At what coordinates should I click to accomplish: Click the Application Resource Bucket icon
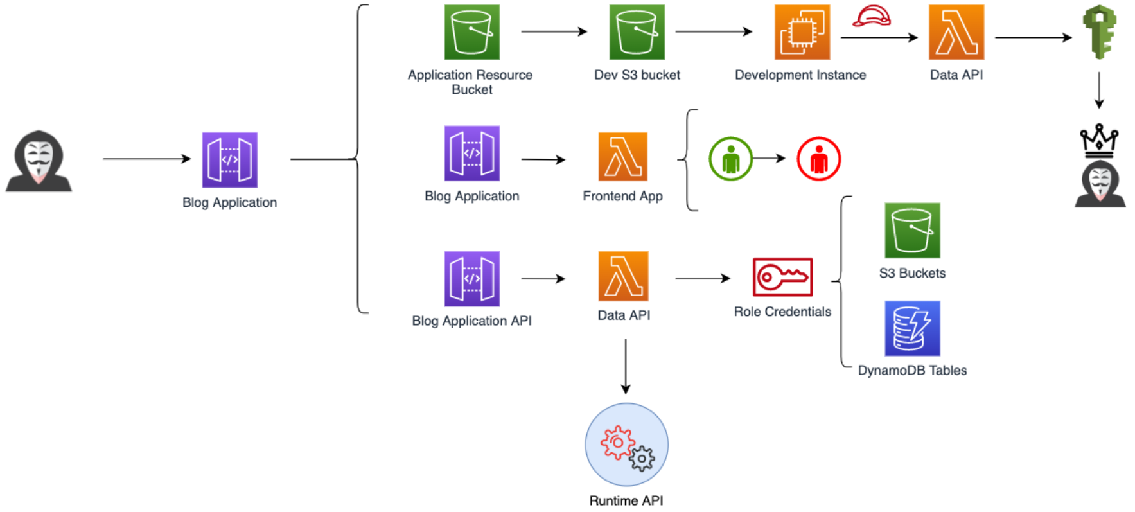click(x=471, y=32)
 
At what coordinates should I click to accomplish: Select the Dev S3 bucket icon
click(x=637, y=32)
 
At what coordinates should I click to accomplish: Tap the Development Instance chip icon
click(x=802, y=32)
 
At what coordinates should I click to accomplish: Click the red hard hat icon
click(x=872, y=16)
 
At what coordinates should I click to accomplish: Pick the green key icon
click(x=1099, y=32)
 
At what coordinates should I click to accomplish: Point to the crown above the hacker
click(x=1099, y=140)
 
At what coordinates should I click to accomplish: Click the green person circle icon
click(x=730, y=159)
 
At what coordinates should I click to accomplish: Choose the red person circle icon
click(x=818, y=159)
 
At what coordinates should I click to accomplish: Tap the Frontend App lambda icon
click(x=622, y=157)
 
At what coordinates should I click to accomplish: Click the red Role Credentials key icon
click(x=782, y=277)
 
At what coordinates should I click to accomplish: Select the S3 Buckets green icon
click(x=912, y=231)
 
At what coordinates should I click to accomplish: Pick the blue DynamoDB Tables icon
click(x=912, y=328)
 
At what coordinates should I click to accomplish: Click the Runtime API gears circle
click(x=626, y=445)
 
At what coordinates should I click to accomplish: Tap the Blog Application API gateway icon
click(x=471, y=279)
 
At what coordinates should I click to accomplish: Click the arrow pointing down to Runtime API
click(x=626, y=366)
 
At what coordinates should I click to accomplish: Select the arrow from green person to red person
click(x=769, y=158)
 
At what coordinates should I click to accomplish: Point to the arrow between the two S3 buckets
click(x=554, y=31)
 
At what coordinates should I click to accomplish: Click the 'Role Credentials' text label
click(x=782, y=312)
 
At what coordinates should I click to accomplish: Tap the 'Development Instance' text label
click(x=800, y=75)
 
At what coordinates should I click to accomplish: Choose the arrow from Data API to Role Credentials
click(x=703, y=278)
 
